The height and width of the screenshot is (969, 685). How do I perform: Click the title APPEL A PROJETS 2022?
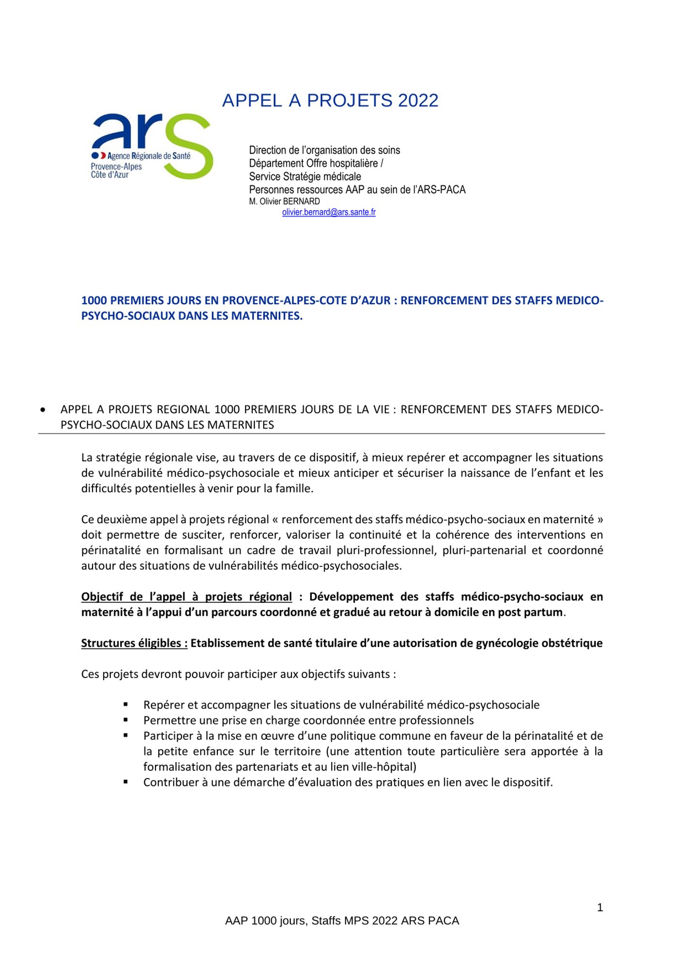click(330, 100)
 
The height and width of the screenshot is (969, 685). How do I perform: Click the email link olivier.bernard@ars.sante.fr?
click(329, 212)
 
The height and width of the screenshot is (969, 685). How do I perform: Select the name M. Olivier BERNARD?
click(285, 201)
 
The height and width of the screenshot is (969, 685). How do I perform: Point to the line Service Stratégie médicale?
click(305, 176)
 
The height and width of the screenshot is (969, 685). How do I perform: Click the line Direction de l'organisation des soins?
click(324, 150)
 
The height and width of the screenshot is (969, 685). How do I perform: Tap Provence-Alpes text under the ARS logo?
click(116, 166)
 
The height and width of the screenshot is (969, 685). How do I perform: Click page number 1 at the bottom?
click(600, 907)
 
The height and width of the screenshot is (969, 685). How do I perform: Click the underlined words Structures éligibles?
click(134, 643)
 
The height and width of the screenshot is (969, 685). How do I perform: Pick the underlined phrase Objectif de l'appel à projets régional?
click(186, 596)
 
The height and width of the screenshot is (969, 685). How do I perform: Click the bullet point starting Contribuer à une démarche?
click(348, 782)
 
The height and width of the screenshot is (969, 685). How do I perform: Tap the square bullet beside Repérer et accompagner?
click(126, 704)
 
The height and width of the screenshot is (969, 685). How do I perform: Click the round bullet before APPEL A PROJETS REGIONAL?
click(44, 409)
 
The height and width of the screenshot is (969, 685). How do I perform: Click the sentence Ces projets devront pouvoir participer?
click(238, 674)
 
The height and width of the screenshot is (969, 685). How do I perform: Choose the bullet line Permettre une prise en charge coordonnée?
click(308, 720)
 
